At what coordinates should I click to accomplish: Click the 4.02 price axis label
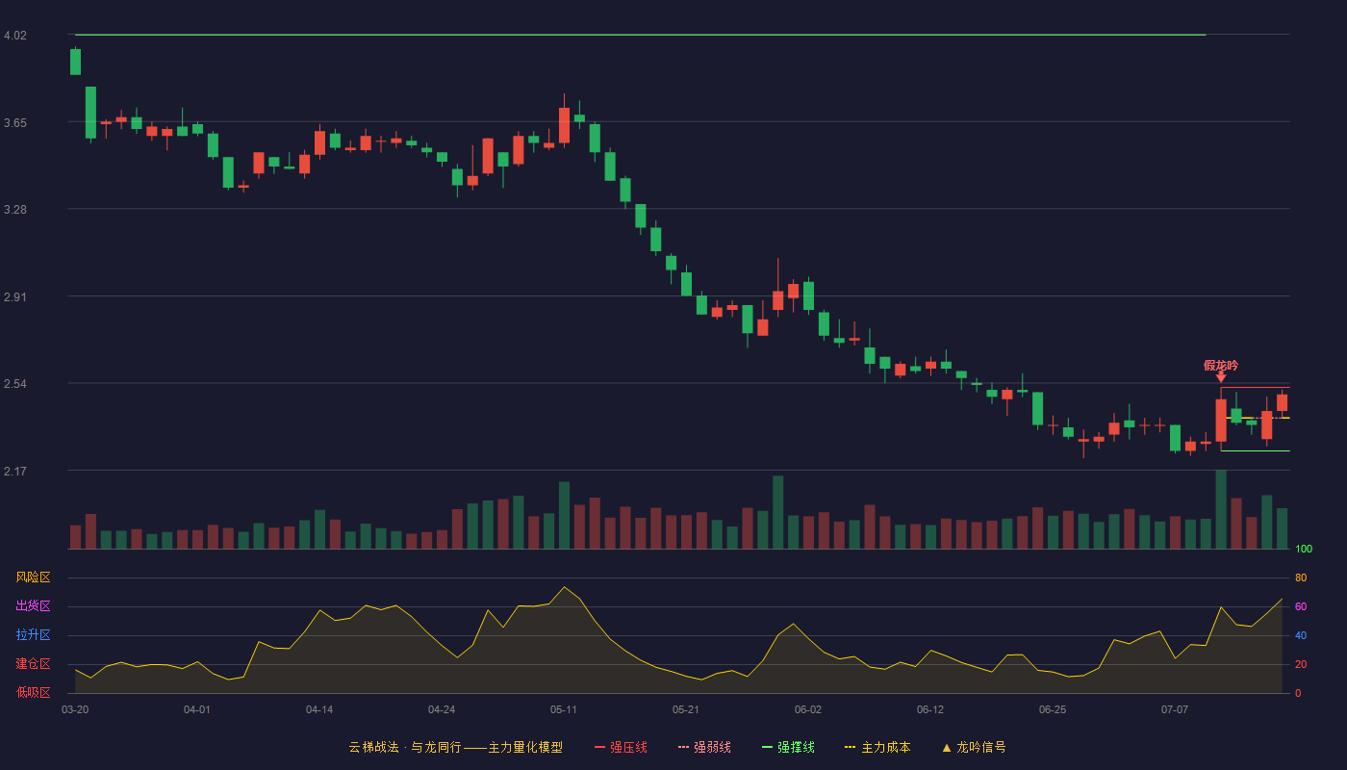tap(15, 36)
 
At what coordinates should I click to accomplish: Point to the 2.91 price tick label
tap(15, 297)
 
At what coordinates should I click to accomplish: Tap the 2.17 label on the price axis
tap(15, 471)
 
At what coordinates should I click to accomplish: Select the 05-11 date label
tap(564, 710)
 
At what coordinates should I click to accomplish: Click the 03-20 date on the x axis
tap(75, 710)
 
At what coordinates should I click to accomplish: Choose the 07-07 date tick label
tap(1175, 710)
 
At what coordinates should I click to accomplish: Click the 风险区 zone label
tap(33, 577)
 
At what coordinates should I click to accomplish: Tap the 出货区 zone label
tap(33, 605)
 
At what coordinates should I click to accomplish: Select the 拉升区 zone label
tap(33, 634)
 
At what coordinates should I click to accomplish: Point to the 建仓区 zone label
tap(33, 663)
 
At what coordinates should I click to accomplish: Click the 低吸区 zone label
tap(33, 692)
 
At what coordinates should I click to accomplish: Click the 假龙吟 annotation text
tap(1221, 366)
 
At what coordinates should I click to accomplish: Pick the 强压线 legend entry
tap(621, 747)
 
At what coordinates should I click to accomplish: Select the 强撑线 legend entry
tap(788, 747)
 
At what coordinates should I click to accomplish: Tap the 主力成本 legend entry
tap(877, 747)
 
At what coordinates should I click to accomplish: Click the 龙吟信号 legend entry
tap(974, 747)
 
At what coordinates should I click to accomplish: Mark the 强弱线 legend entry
tap(704, 747)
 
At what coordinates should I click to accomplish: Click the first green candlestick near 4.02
tap(75, 62)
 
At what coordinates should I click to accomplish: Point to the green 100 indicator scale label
tap(1304, 549)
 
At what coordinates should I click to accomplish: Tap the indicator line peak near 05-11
tap(564, 586)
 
